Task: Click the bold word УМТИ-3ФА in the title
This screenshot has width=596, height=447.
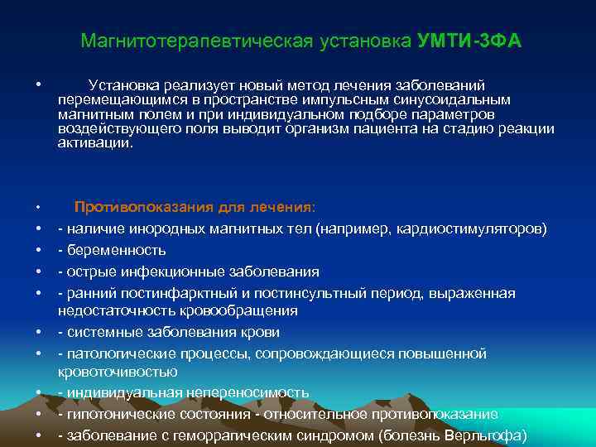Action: [469, 41]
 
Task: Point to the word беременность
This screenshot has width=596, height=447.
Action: [117, 250]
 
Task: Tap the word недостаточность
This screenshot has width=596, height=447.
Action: [110, 311]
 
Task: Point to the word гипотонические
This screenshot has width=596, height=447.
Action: [118, 414]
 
